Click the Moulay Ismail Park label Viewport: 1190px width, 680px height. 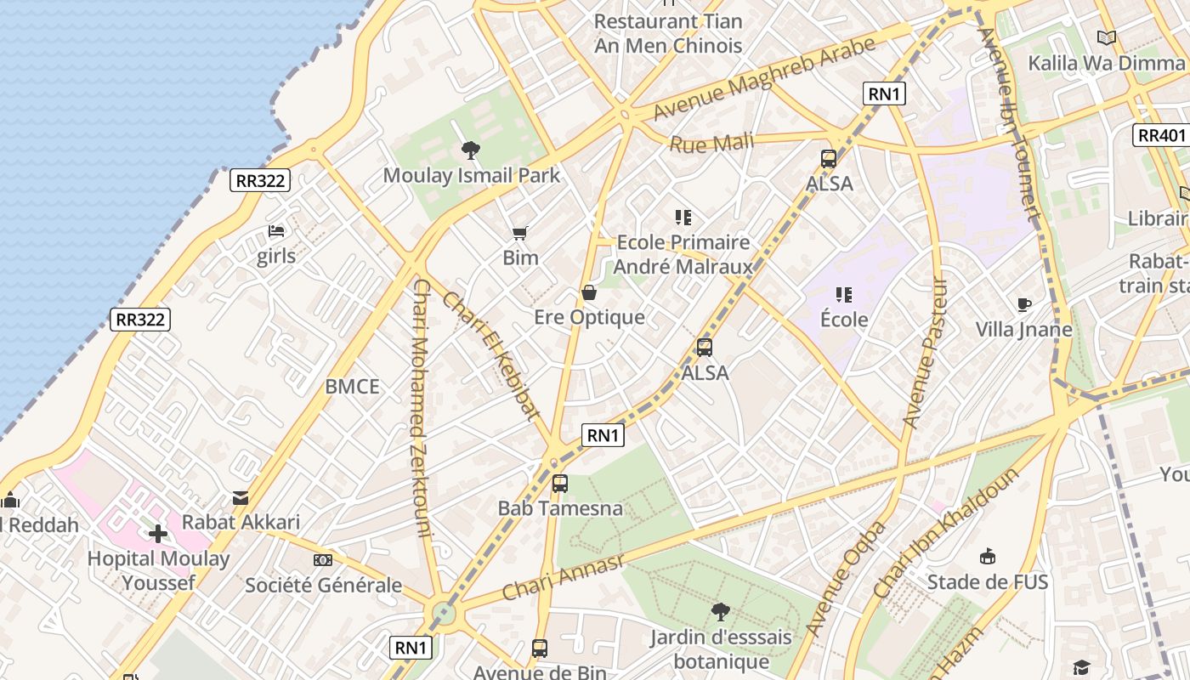click(471, 176)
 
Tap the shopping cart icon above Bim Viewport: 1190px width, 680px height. click(520, 232)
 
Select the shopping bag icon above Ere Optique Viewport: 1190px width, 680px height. click(589, 293)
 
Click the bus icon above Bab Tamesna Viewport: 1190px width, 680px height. click(559, 484)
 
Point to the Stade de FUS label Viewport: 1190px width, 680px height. click(988, 582)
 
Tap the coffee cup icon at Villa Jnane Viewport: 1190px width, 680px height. click(1024, 304)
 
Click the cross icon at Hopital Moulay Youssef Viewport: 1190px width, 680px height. click(158, 534)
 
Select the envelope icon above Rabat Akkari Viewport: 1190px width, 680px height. click(241, 498)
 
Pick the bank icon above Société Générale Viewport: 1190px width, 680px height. click(323, 560)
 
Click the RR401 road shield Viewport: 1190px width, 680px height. click(1161, 135)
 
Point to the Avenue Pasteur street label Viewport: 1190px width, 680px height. click(924, 353)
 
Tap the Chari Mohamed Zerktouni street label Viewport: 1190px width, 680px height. click(422, 408)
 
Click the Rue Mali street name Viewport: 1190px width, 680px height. click(711, 143)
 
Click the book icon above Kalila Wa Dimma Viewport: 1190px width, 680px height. click(1106, 37)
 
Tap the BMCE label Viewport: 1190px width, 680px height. click(352, 387)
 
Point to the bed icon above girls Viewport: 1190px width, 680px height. click(276, 231)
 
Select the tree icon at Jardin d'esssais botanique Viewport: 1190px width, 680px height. click(721, 611)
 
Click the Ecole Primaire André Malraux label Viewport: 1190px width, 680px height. click(683, 254)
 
